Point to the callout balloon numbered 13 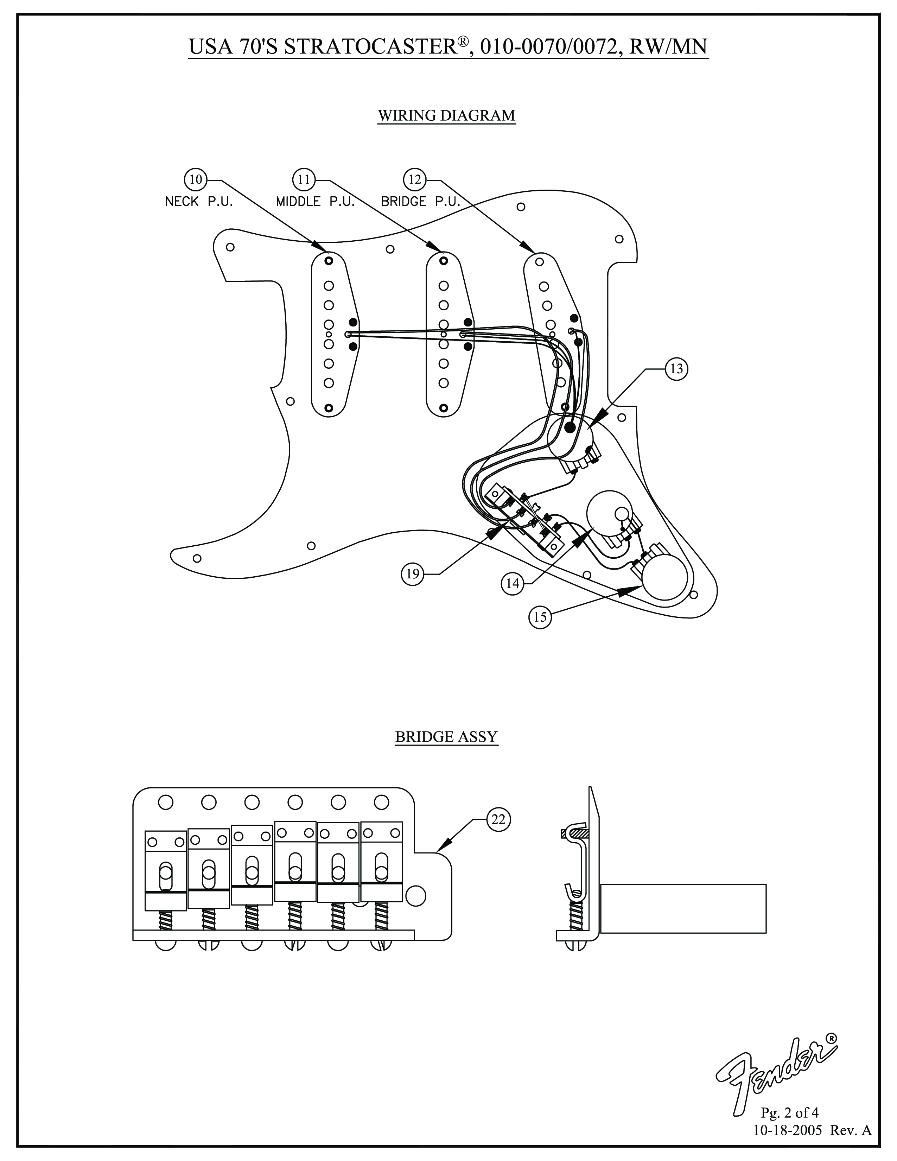pyautogui.click(x=676, y=369)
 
